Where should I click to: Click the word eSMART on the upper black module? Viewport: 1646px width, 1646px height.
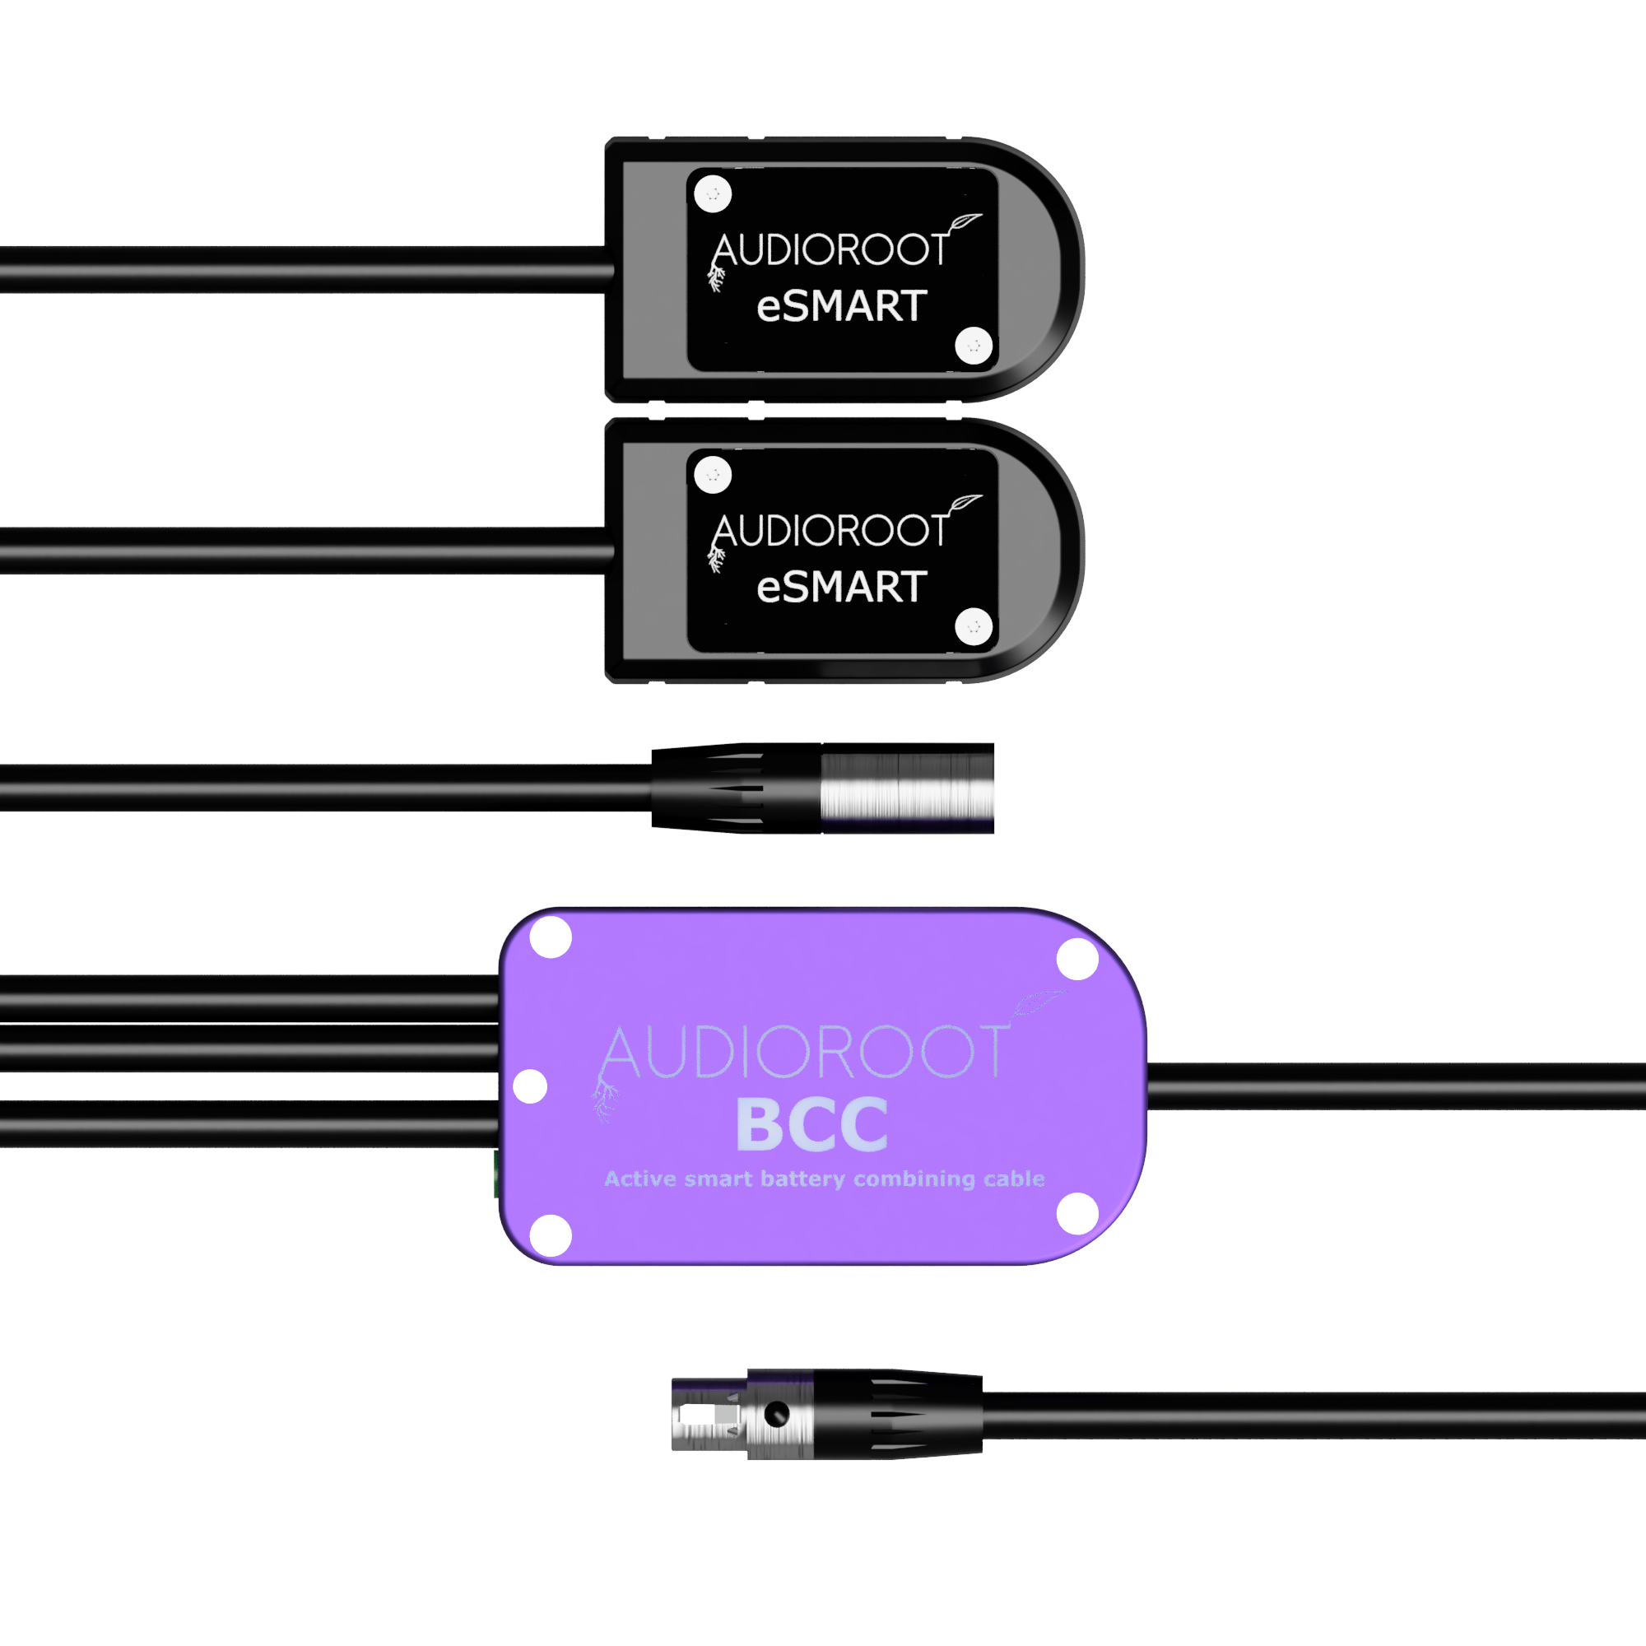pos(842,306)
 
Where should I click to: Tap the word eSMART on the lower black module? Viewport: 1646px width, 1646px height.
pos(842,587)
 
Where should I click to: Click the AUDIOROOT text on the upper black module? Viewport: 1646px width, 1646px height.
pos(830,249)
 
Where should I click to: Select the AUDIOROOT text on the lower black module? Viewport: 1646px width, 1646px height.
pos(830,531)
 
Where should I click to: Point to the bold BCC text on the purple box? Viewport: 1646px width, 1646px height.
pos(812,1124)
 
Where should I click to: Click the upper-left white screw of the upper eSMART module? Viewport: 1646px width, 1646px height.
pos(713,193)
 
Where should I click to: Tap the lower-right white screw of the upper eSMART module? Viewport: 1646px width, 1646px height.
pos(974,346)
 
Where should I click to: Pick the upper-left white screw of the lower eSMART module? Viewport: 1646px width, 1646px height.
pos(713,475)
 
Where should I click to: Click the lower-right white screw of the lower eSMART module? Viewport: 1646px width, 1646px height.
pos(974,627)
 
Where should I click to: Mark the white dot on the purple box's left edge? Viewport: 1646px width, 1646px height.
pos(530,1086)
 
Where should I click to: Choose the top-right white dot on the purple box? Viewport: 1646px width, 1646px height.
pos(1076,960)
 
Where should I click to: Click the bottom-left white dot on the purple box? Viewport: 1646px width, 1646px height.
pos(551,1235)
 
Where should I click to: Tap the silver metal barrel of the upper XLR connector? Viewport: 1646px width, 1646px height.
pos(907,788)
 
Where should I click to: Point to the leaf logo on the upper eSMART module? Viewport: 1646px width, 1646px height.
pos(963,223)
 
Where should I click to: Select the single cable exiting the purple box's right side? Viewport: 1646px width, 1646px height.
pos(1397,1086)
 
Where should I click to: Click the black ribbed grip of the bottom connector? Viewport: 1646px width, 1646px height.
pos(897,1415)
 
